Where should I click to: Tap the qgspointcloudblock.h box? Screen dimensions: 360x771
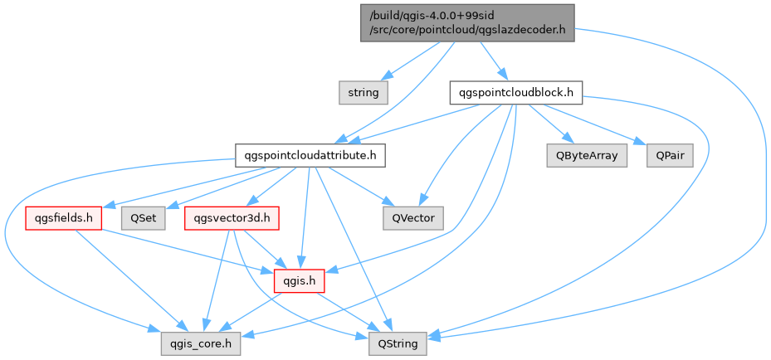(515, 92)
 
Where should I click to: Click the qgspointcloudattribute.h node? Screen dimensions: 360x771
(309, 155)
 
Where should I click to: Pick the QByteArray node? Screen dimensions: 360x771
(587, 155)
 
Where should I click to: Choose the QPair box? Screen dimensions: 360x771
(669, 155)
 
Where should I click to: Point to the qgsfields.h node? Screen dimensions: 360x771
(64, 218)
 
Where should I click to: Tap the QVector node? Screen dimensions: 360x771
(412, 218)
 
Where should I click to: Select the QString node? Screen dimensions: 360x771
(398, 341)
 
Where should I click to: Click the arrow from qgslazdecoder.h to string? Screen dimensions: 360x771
(415, 62)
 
